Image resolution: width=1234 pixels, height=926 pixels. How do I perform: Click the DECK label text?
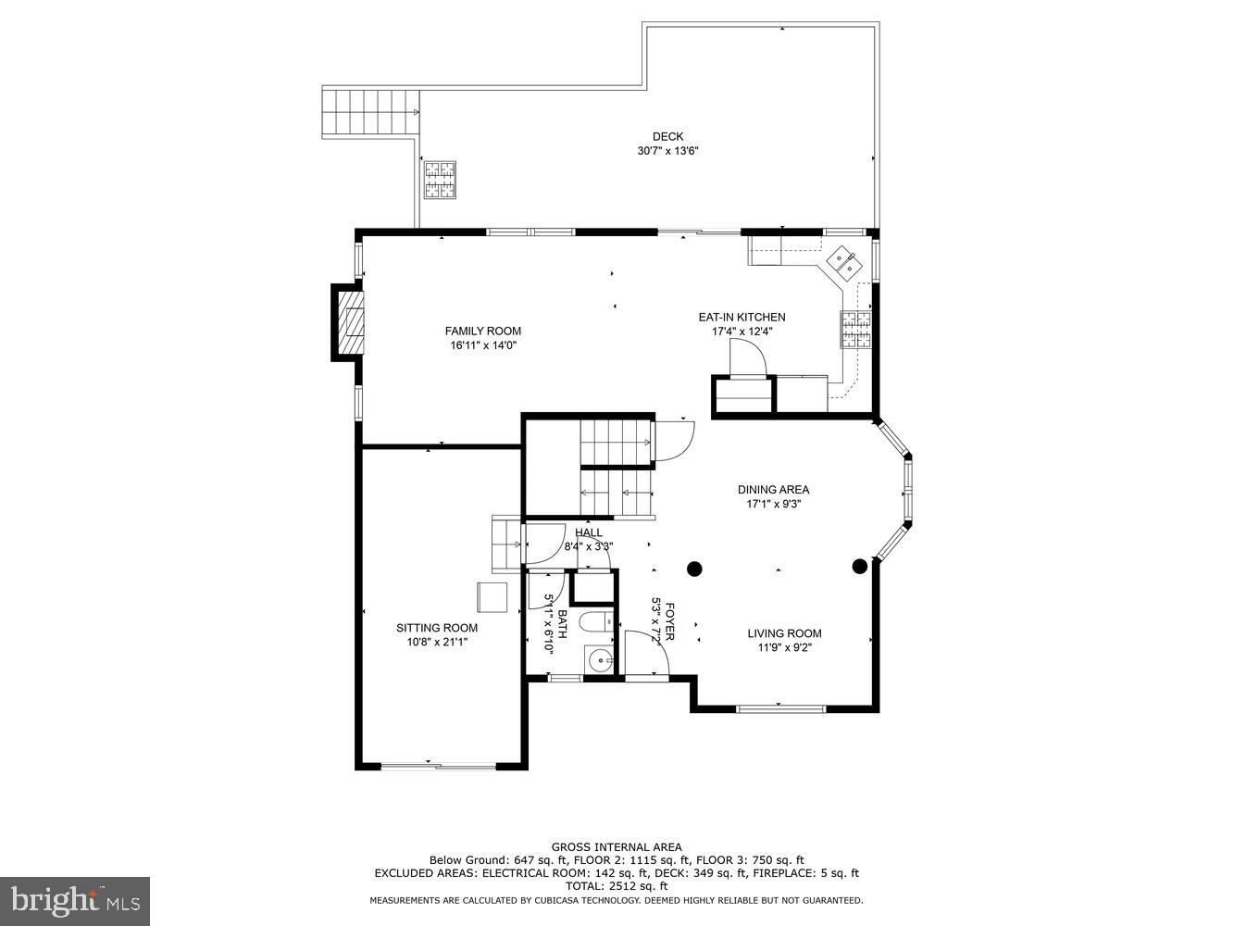point(667,137)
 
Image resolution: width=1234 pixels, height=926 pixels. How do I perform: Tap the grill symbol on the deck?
point(441,180)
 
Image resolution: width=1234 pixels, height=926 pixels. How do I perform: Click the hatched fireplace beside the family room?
point(350,321)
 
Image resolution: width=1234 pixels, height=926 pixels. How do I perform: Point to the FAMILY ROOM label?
point(482,332)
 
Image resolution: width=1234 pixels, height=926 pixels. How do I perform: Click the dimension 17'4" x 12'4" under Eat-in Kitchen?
point(742,332)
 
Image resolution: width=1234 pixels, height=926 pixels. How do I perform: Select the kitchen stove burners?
point(856,329)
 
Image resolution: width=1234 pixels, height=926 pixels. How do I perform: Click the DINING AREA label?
point(773,490)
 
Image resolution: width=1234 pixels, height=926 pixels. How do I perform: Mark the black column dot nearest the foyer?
point(694,568)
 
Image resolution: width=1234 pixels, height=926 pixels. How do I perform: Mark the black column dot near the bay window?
point(859,566)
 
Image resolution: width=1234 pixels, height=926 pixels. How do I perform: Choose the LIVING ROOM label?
point(784,634)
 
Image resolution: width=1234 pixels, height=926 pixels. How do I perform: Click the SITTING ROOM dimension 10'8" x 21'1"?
point(437,642)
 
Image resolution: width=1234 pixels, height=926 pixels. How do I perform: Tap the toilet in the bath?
point(593,621)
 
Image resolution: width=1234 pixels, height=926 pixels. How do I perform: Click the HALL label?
point(588,532)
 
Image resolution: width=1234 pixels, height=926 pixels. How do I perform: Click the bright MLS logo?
point(74,899)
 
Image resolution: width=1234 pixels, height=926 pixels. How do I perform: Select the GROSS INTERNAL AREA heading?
point(617,846)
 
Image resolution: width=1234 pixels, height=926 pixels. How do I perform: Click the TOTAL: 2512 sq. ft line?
point(617,885)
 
